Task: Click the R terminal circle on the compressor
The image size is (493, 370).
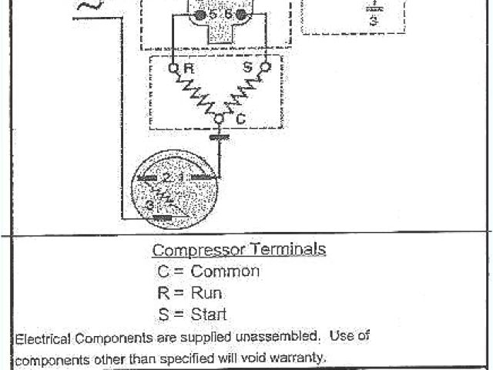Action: tap(173, 69)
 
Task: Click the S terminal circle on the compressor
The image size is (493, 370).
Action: tap(266, 69)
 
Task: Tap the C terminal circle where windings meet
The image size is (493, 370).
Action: tap(220, 119)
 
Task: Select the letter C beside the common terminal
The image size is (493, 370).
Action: tap(240, 120)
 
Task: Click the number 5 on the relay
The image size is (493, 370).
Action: tap(213, 15)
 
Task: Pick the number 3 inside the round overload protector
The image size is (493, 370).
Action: tap(150, 205)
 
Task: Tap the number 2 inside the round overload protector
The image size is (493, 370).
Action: tap(166, 177)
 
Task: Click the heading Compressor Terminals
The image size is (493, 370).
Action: tap(239, 250)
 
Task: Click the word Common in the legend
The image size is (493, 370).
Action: tap(225, 271)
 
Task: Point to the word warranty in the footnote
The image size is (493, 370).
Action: tap(292, 357)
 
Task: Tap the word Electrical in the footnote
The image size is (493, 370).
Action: tap(42, 338)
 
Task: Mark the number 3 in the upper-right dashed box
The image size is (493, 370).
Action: tap(373, 22)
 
